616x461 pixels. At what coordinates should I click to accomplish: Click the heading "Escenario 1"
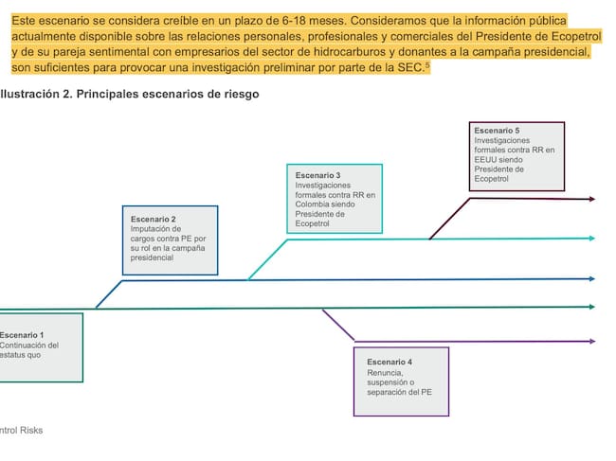click(x=21, y=335)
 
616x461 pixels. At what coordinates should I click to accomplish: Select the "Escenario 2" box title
click(x=153, y=219)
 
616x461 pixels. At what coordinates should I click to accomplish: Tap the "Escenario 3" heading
click(x=317, y=175)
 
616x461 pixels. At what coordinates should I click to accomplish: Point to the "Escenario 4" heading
click(x=390, y=363)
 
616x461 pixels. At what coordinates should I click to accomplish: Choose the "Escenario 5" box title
click(x=497, y=130)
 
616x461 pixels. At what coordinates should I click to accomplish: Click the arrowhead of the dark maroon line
click(x=592, y=199)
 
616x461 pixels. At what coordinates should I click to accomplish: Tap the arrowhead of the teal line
click(x=592, y=238)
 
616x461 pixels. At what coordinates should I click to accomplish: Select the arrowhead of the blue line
click(x=592, y=278)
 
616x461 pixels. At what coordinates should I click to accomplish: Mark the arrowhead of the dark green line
click(x=592, y=306)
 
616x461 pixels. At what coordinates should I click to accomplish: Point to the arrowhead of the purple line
click(x=592, y=341)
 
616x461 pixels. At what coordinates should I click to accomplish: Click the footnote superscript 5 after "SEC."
click(x=427, y=64)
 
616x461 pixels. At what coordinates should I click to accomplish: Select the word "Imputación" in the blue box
click(x=153, y=228)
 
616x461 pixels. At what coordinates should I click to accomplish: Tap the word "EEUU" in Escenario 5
click(x=486, y=159)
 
